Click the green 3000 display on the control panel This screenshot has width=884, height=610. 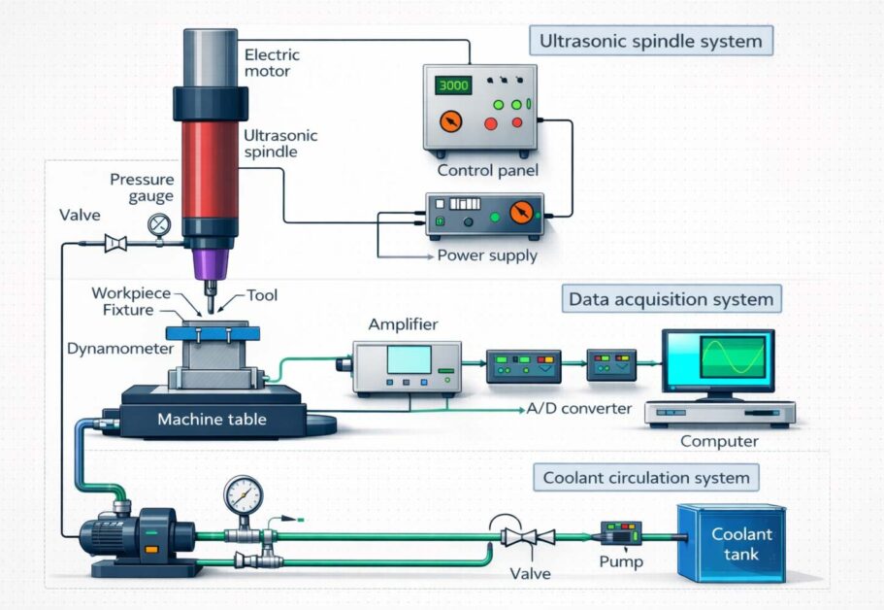click(x=454, y=85)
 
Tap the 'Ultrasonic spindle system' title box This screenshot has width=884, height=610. click(x=652, y=43)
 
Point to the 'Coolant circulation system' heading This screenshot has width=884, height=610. click(x=646, y=478)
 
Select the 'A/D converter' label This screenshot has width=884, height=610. click(x=580, y=408)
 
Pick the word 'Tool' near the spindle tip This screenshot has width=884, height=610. click(x=262, y=294)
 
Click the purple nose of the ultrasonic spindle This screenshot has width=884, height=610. click(x=210, y=262)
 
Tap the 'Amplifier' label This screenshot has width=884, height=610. click(x=403, y=324)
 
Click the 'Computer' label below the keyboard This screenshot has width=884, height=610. click(x=719, y=441)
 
